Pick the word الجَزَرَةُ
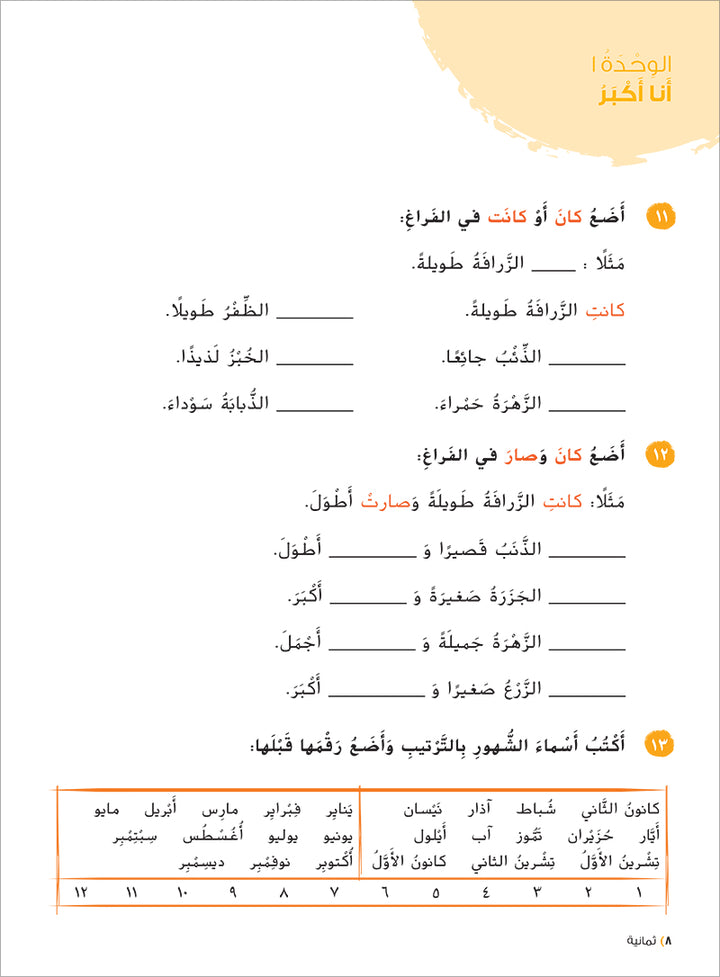point(511,596)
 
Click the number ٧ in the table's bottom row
point(332,891)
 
